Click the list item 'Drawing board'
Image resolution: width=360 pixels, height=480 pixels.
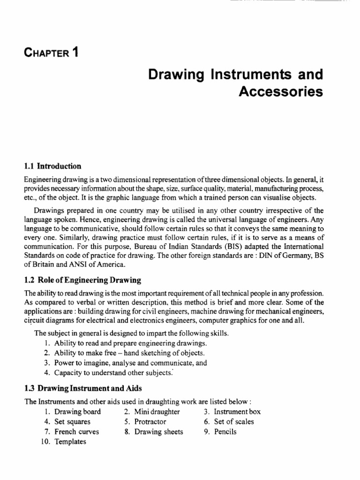[77, 412]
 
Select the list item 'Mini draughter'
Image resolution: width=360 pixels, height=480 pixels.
[157, 412]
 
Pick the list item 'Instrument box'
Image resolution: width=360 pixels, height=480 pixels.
[237, 412]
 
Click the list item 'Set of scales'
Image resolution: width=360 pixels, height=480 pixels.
[234, 421]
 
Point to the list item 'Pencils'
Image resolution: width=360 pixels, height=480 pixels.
[225, 432]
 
